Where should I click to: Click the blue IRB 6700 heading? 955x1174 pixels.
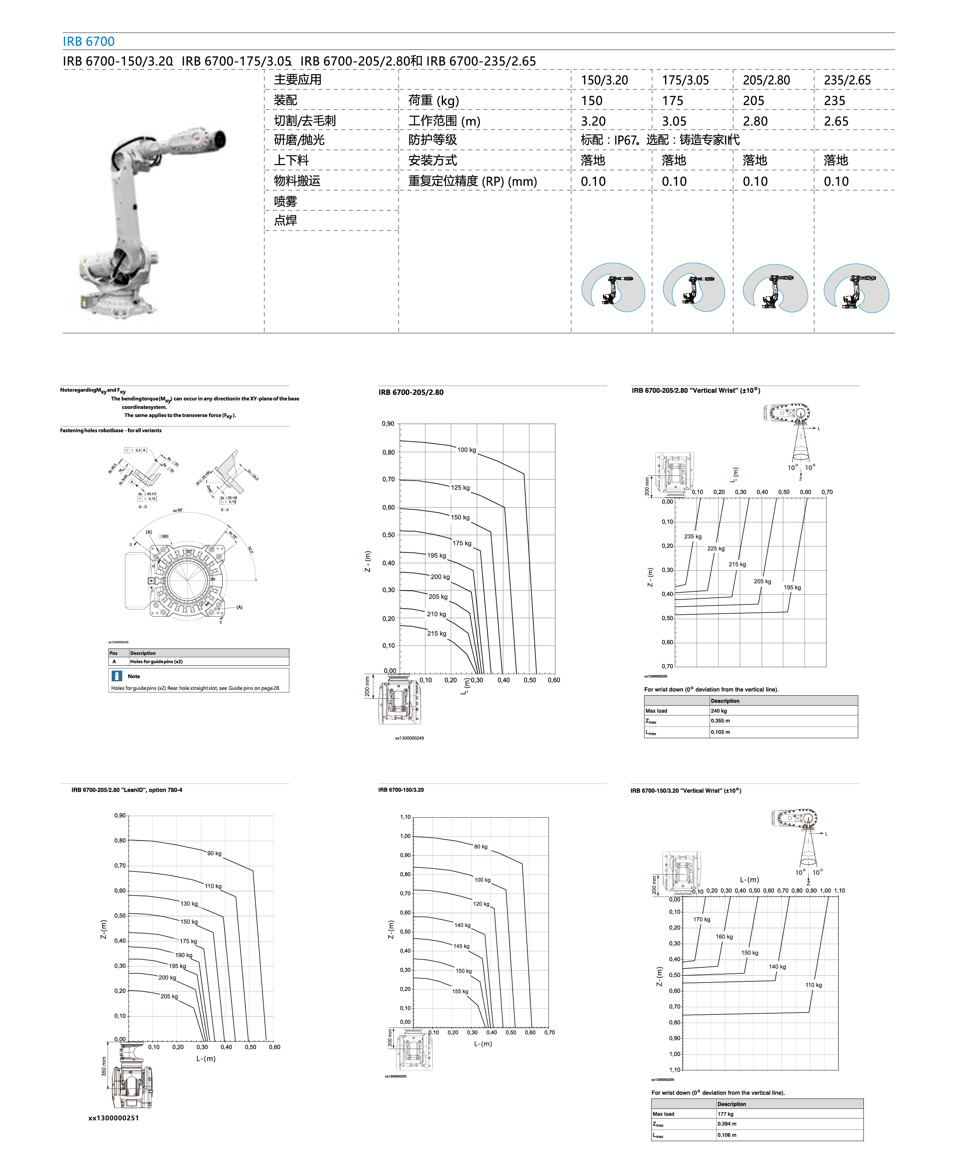tap(89, 41)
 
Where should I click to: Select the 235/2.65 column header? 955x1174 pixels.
tap(847, 80)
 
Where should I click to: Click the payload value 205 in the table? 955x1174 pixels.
tap(753, 101)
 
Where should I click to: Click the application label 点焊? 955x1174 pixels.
tap(286, 221)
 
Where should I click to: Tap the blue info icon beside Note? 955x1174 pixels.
tap(117, 676)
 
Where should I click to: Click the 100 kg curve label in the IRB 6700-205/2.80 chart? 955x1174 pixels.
tap(466, 449)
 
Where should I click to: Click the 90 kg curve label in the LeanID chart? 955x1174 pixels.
tap(214, 853)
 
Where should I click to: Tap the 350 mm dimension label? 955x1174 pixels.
tap(103, 1066)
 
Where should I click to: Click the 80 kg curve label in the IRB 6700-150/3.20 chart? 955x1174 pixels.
tap(480, 846)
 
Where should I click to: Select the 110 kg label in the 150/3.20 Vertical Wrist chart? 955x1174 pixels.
tap(813, 985)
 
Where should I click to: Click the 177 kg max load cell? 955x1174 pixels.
tap(725, 1114)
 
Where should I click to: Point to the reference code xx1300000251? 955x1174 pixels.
tap(113, 1118)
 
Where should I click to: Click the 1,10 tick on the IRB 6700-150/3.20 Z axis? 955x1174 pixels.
tap(405, 817)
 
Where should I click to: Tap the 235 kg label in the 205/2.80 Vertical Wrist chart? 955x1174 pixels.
tap(693, 536)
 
